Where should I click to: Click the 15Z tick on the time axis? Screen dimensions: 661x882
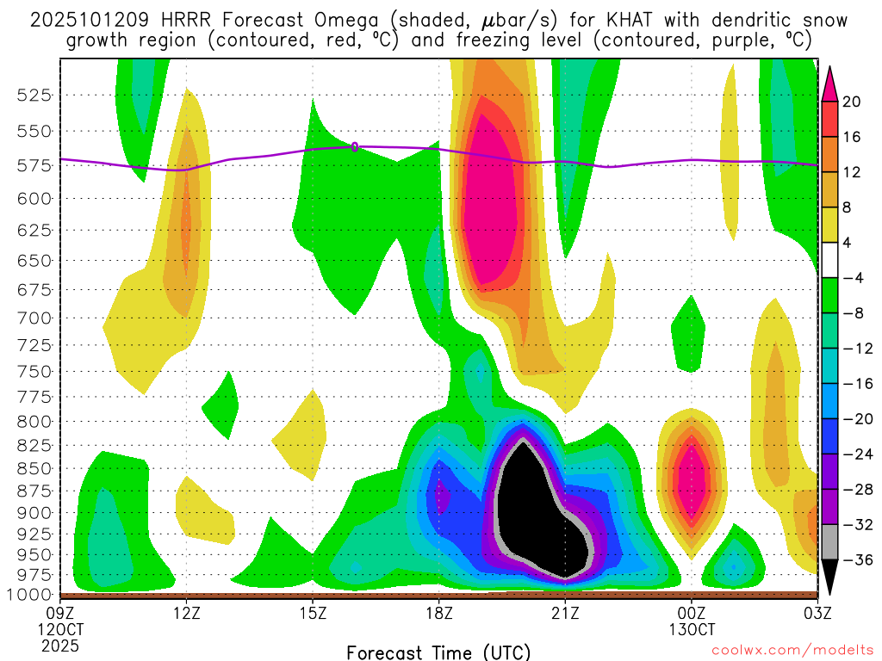click(x=313, y=613)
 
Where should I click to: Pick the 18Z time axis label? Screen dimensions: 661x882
click(x=438, y=613)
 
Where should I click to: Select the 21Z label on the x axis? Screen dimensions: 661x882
click(x=565, y=613)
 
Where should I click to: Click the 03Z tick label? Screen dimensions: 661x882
click(x=817, y=613)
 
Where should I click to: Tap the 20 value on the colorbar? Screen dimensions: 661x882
click(x=852, y=102)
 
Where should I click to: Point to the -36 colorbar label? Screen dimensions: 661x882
click(x=855, y=560)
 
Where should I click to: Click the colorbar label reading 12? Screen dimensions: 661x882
click(x=852, y=172)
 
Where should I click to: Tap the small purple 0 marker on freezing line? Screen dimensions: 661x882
click(x=355, y=146)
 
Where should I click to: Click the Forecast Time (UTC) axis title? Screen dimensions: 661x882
click(x=438, y=652)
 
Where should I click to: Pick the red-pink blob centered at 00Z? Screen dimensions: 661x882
click(x=691, y=478)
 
